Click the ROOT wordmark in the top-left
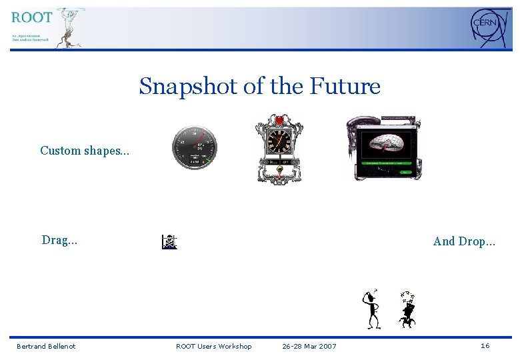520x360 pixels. (32, 17)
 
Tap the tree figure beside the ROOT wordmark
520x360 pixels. (69, 27)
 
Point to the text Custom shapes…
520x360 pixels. (85, 151)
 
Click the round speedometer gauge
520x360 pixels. (194, 146)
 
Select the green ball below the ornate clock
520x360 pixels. (280, 169)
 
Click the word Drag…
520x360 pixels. (59, 241)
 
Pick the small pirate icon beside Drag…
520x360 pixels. (169, 242)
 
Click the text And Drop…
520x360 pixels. (464, 241)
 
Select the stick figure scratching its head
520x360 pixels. (371, 309)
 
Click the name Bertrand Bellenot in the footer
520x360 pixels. (46, 346)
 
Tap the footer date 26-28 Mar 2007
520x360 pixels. (309, 346)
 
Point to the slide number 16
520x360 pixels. (485, 345)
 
